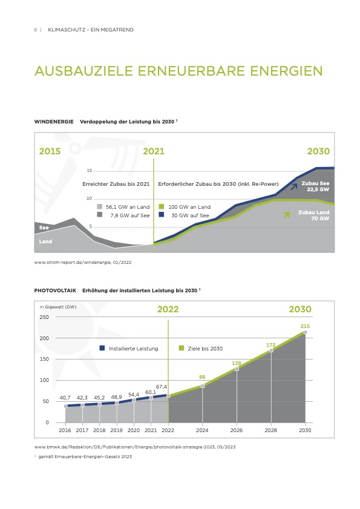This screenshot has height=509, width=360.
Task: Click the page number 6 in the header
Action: pyautogui.click(x=35, y=30)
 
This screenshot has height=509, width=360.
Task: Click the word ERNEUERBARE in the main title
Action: pyautogui.click(x=191, y=71)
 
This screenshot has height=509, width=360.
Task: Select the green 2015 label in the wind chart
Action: pyautogui.click(x=50, y=151)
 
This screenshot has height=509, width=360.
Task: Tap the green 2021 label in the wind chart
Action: pyautogui.click(x=154, y=151)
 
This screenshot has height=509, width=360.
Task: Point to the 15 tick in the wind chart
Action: pyautogui.click(x=90, y=171)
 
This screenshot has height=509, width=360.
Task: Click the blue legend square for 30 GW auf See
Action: pyautogui.click(x=162, y=215)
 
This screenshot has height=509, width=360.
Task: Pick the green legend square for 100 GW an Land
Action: pyautogui.click(x=162, y=206)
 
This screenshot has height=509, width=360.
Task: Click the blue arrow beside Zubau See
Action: pyautogui.click(x=294, y=186)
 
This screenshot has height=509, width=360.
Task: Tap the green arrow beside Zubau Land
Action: pyautogui.click(x=287, y=215)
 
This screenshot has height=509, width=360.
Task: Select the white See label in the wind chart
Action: pyautogui.click(x=44, y=228)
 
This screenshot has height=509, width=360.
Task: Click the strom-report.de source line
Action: pyautogui.click(x=83, y=262)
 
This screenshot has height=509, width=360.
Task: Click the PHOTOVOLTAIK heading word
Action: pyautogui.click(x=55, y=291)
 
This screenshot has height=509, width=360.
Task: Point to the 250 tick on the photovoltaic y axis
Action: pyautogui.click(x=44, y=317)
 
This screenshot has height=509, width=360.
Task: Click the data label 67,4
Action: pyautogui.click(x=162, y=387)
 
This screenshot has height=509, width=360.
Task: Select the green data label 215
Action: pyautogui.click(x=305, y=326)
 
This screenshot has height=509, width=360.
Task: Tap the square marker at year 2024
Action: pyautogui.click(x=203, y=386)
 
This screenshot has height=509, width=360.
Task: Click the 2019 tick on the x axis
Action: pyautogui.click(x=117, y=430)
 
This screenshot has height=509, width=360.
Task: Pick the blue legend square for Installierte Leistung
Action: pyautogui.click(x=102, y=348)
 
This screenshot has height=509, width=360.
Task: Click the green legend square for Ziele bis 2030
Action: pyautogui.click(x=182, y=348)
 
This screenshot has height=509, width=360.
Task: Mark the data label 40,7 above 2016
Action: pyautogui.click(x=65, y=398)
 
